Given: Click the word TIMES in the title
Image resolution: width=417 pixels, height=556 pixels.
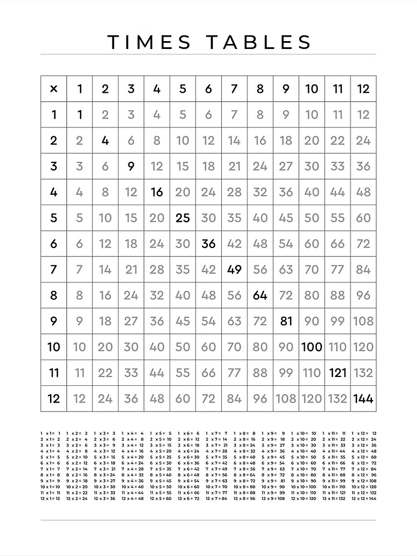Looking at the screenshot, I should (150, 42).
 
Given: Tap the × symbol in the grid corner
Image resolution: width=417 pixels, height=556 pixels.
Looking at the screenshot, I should (54, 89).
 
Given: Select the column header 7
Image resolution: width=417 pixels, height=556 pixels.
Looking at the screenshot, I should (234, 89).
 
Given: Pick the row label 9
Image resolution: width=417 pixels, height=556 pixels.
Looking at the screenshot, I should (54, 321).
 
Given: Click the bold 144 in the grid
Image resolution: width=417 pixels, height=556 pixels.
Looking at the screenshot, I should (363, 399).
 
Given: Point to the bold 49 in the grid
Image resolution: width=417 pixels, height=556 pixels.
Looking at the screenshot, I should (234, 270).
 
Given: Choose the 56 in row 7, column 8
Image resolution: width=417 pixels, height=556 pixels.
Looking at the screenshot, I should (260, 270).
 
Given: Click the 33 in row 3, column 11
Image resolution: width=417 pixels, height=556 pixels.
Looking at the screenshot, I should (337, 166).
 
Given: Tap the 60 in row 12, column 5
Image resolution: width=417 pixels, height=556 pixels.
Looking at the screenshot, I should (182, 399).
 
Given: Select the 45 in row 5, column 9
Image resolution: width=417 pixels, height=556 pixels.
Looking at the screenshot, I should (286, 218).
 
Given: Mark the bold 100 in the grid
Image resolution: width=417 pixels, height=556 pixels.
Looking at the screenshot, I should (311, 347).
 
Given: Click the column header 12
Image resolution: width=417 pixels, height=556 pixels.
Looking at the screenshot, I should (363, 89).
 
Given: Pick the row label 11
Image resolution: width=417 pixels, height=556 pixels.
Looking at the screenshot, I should (54, 373).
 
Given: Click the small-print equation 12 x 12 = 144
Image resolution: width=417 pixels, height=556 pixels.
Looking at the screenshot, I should (364, 499).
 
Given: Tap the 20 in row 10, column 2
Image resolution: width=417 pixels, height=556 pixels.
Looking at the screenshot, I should (105, 347).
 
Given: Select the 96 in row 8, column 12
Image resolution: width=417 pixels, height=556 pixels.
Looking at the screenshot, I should (363, 295).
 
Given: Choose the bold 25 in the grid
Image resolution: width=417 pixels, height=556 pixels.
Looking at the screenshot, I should (182, 218).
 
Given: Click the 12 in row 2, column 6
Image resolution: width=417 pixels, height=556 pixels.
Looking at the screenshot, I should (208, 141).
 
